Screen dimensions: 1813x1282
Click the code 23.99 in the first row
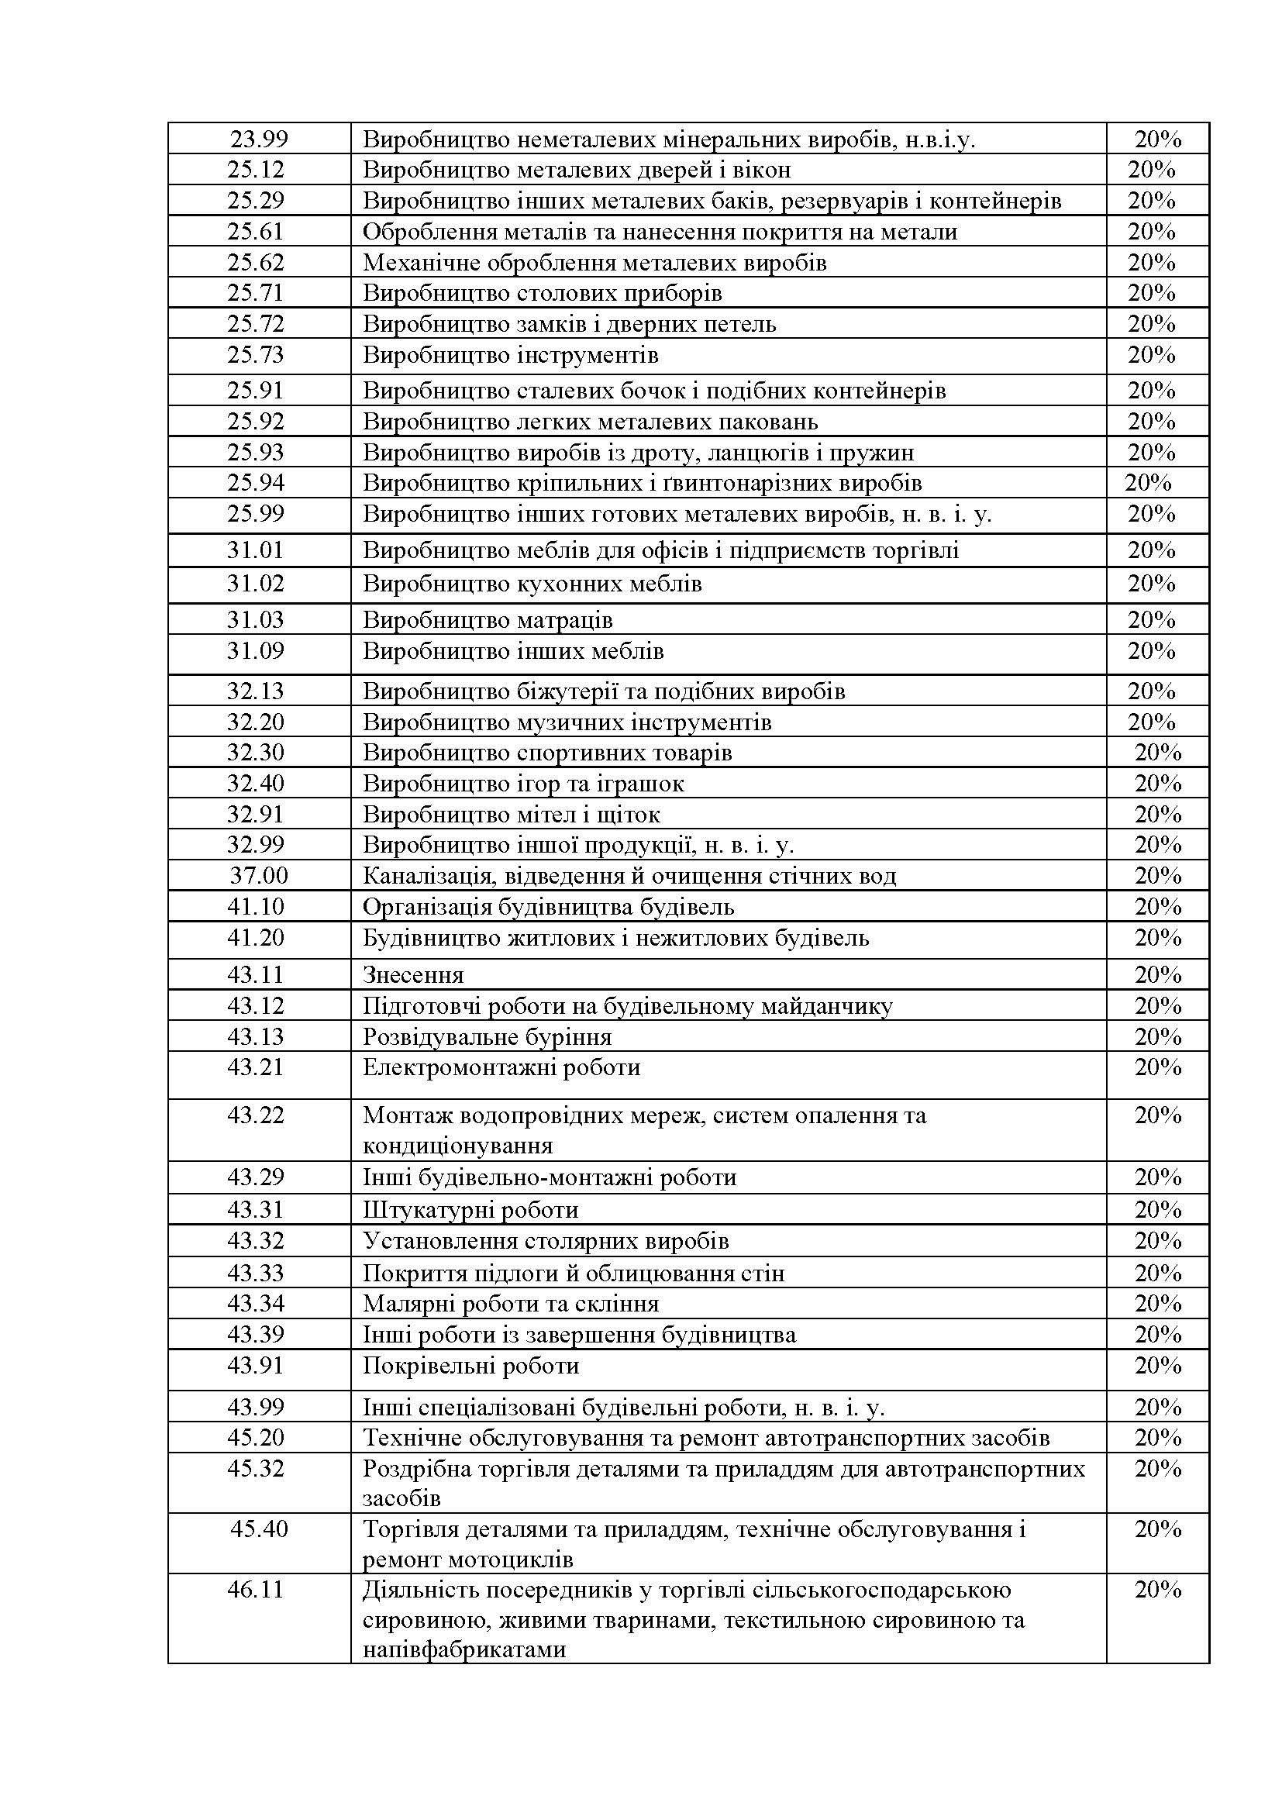[259, 140]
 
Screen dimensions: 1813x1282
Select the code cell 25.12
[256, 170]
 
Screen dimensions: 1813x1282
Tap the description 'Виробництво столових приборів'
[543, 293]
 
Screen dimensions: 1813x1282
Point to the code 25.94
[256, 482]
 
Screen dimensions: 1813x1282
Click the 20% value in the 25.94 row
[1148, 482]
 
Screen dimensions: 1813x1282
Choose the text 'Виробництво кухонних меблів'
[532, 584]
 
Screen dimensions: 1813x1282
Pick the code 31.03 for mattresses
[256, 620]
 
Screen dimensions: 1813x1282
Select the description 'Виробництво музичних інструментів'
[567, 722]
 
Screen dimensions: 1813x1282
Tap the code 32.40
[256, 784]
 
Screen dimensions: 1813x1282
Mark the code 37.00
[259, 876]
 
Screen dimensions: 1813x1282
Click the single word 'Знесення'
[413, 975]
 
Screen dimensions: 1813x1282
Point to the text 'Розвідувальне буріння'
[487, 1037]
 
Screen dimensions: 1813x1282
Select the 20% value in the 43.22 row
[1157, 1115]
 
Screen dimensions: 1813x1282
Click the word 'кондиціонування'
[457, 1145]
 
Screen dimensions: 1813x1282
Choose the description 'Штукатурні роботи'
[470, 1210]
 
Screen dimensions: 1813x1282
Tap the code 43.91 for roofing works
[256, 1365]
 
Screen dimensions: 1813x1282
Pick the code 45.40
[259, 1529]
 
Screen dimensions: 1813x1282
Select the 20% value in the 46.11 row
[1157, 1590]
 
